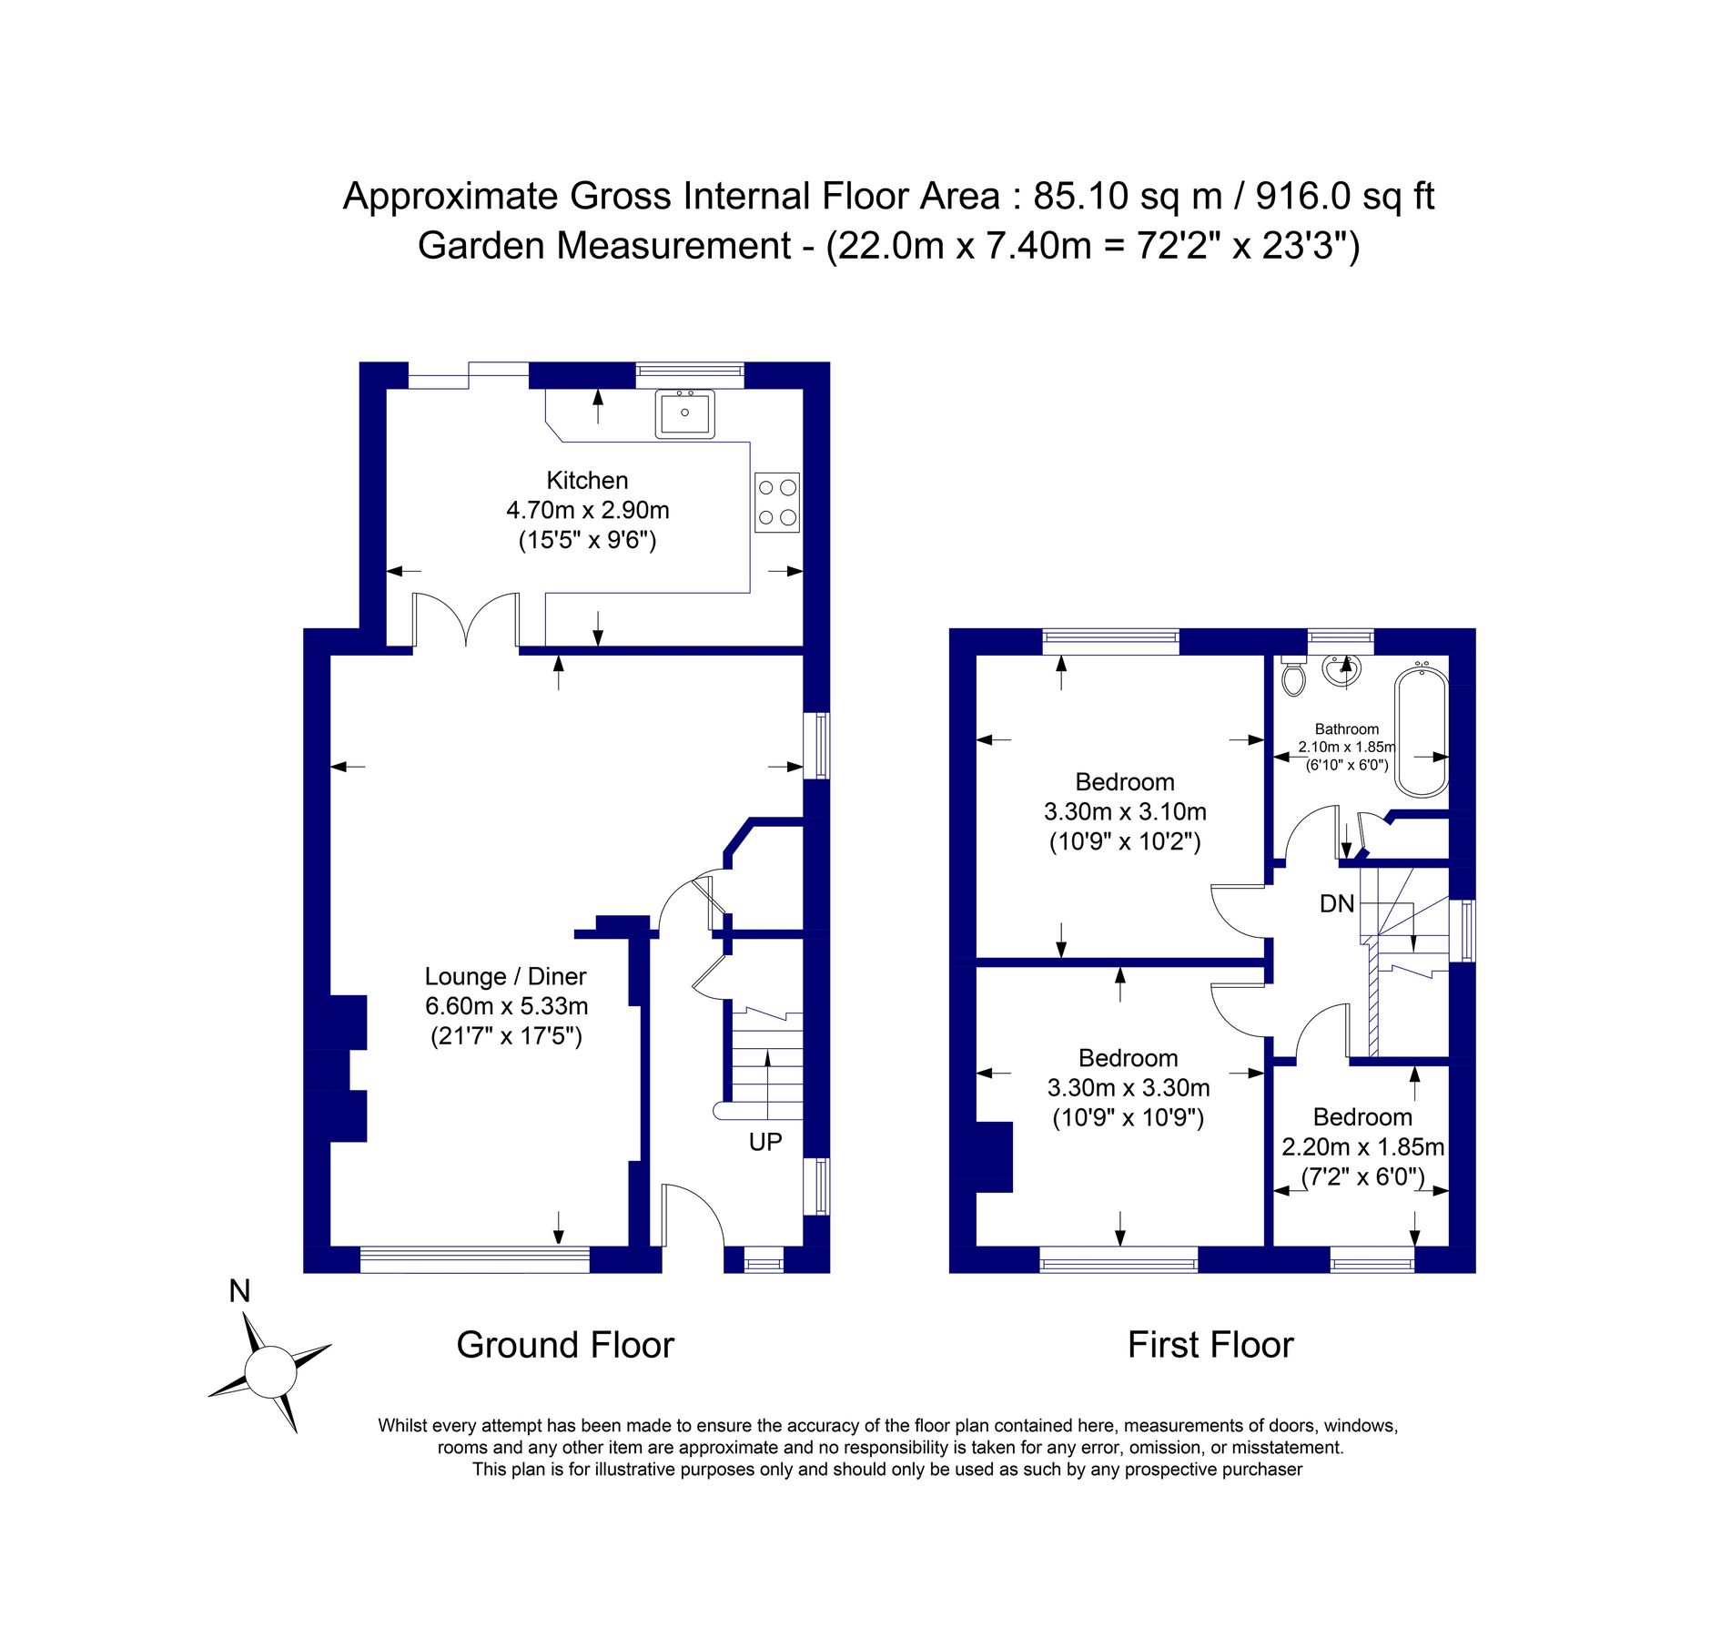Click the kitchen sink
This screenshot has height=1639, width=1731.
coord(684,414)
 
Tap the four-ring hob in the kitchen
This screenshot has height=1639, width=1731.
coord(776,502)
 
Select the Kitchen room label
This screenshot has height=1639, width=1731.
coord(587,480)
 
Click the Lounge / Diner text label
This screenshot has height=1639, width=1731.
coord(505,976)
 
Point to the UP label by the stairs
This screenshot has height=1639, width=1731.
coord(764,1142)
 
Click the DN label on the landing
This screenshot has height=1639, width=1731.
coord(1336,903)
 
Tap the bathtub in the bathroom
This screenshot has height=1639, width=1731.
coord(1420,732)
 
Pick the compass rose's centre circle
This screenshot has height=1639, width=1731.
coord(270,1372)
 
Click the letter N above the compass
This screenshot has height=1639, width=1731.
coord(239,1291)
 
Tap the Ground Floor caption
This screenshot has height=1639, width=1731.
coord(564,1345)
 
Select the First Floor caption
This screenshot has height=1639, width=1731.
coord(1210,1345)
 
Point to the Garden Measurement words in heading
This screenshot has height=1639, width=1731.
coord(603,246)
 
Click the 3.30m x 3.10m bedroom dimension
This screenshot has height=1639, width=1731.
coord(1125,811)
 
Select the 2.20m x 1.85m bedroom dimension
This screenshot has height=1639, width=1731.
coord(1362,1146)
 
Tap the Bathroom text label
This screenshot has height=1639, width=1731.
coord(1346,728)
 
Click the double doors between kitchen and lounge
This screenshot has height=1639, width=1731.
coord(466,619)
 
